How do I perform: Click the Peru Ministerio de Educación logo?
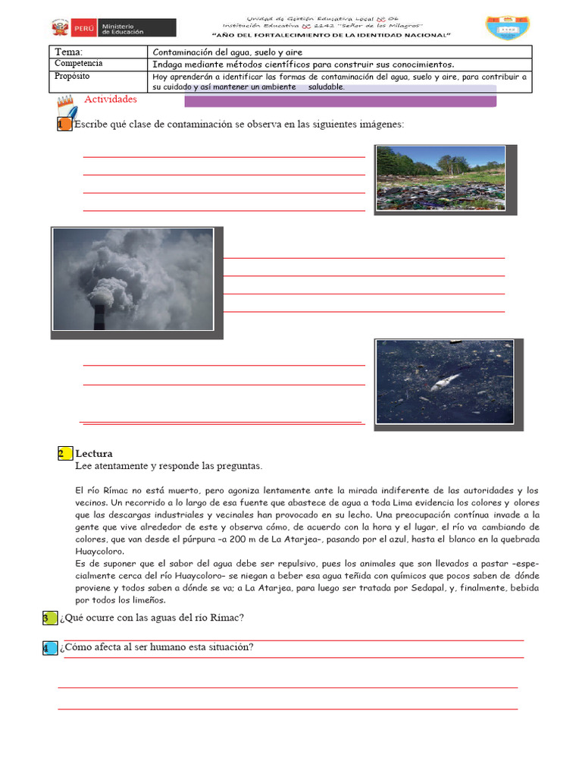click(x=113, y=28)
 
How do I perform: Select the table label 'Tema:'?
click(x=70, y=52)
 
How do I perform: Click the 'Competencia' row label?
click(x=79, y=64)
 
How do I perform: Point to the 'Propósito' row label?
click(x=73, y=77)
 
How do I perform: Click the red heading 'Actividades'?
click(x=111, y=99)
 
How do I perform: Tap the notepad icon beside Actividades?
click(x=67, y=107)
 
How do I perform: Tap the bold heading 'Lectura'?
click(x=94, y=454)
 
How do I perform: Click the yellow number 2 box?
click(x=64, y=454)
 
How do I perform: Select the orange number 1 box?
click(x=64, y=124)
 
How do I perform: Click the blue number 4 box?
click(x=49, y=647)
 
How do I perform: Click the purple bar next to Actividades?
click(x=340, y=101)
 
